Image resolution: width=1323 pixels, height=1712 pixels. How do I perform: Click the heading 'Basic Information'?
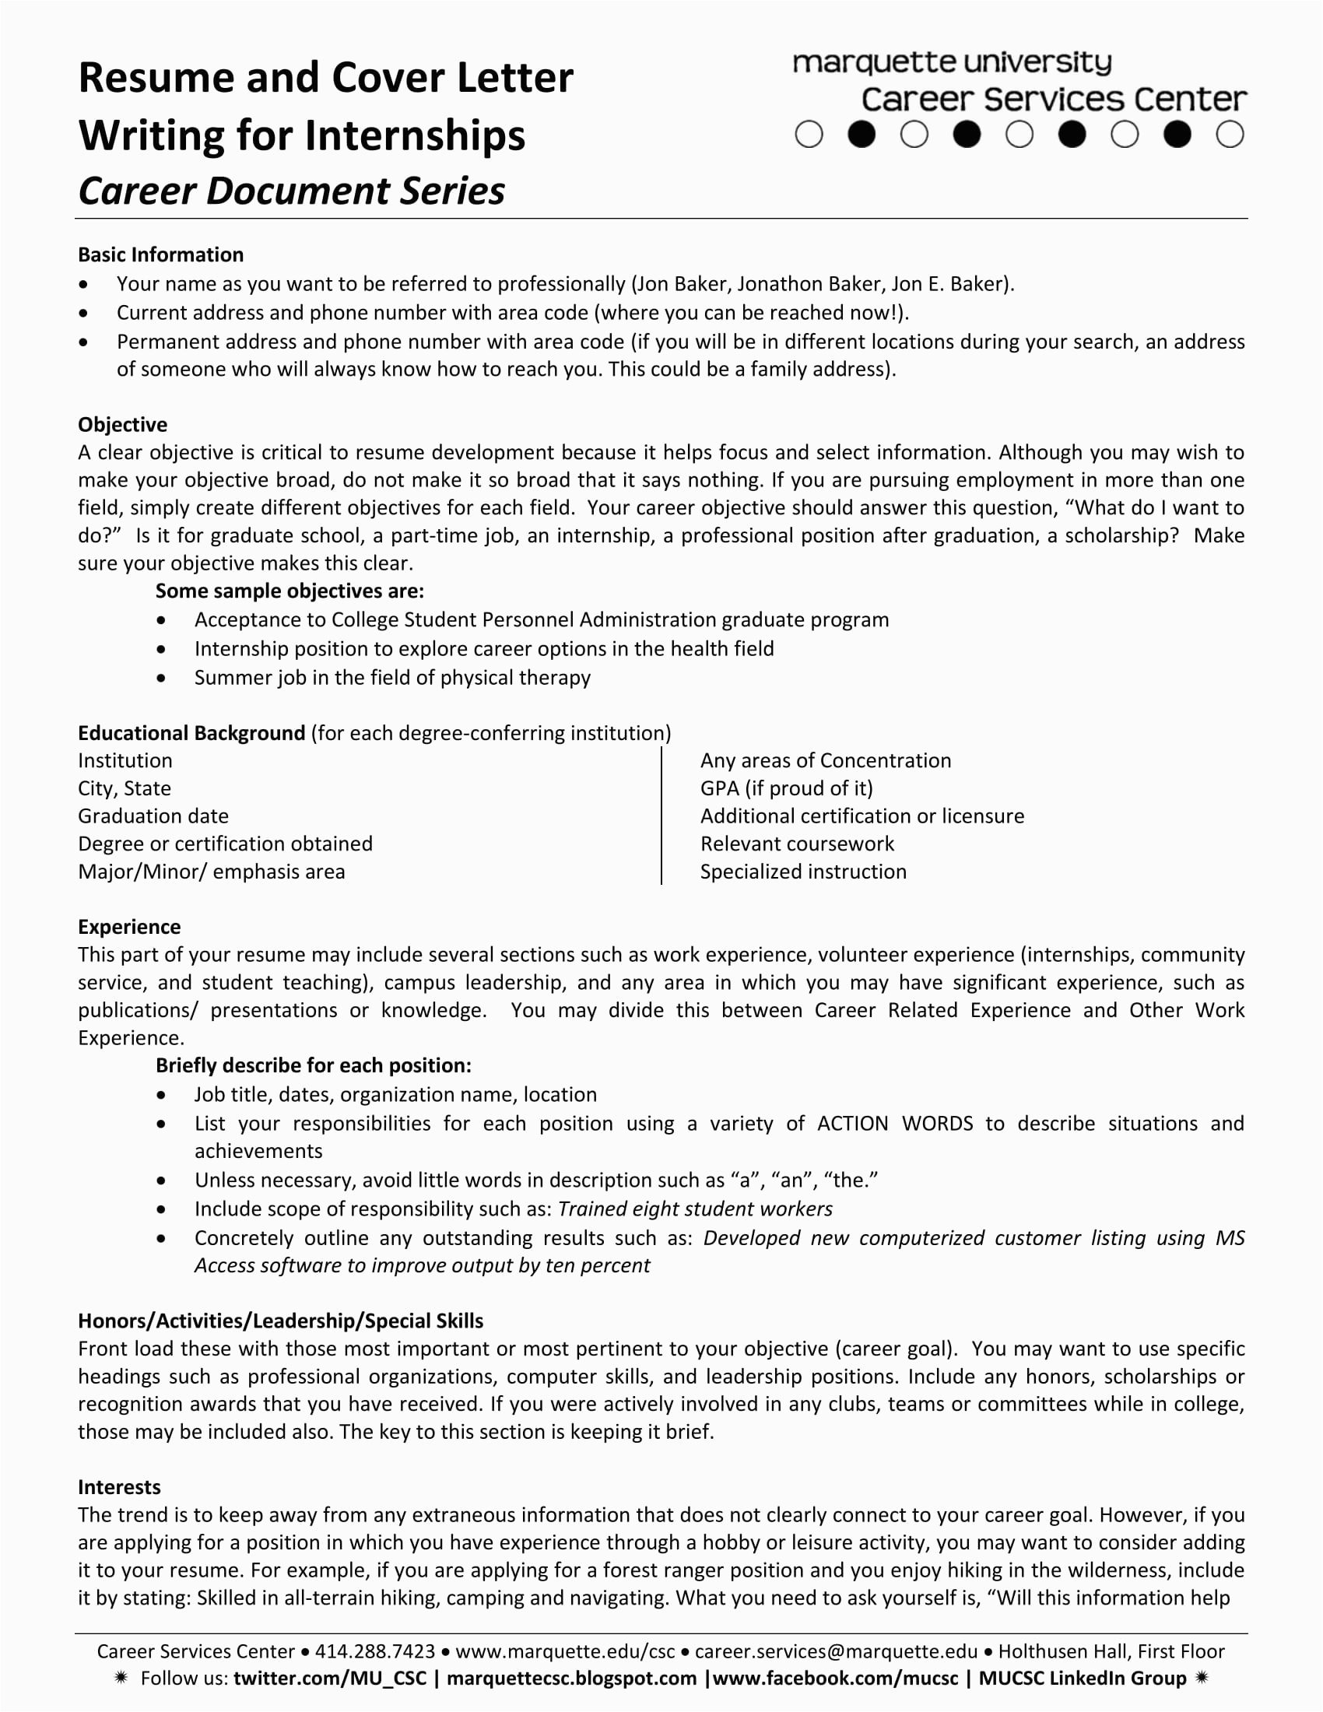160,254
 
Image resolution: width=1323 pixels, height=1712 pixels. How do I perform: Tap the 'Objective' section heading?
122,425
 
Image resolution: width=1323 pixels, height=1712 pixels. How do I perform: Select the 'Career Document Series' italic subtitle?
292,191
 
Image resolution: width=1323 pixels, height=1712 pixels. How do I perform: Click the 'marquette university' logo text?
952,63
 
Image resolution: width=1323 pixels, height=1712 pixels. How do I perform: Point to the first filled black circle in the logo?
862,135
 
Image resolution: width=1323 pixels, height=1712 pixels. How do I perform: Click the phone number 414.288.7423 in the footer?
374,1651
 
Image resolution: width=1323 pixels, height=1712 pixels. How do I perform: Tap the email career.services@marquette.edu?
836,1651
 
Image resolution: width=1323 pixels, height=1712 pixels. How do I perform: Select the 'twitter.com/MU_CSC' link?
330,1679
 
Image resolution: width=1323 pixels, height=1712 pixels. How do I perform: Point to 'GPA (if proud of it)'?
786,788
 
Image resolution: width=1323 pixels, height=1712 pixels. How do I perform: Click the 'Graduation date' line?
153,816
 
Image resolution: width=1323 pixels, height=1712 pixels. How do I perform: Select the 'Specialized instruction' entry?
802,872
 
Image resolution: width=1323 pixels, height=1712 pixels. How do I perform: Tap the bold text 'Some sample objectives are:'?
290,591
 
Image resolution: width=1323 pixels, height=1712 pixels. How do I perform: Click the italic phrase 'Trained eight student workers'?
694,1209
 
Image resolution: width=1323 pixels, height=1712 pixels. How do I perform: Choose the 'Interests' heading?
119,1487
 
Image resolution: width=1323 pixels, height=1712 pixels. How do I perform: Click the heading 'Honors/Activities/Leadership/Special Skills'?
281,1321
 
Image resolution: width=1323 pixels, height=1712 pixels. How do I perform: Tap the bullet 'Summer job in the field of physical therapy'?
392,677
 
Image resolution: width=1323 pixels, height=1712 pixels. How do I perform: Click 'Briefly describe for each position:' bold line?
314,1065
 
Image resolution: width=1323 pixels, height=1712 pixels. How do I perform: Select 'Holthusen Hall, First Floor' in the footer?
1111,1651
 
